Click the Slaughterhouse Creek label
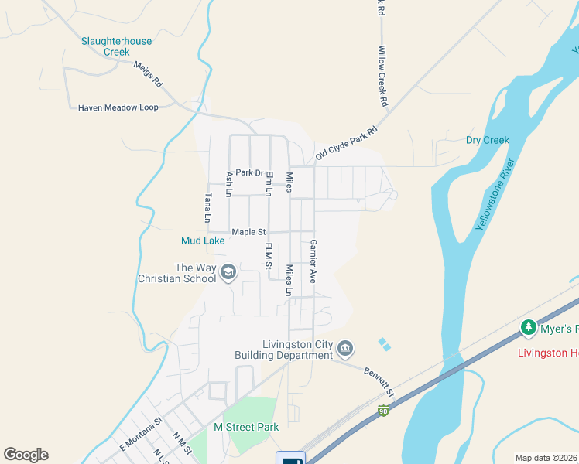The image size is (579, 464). point(117,46)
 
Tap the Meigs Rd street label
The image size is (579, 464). point(148,74)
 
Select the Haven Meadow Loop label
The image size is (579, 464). point(118,107)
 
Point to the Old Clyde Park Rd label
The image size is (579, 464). point(346,144)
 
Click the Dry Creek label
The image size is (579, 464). point(487,140)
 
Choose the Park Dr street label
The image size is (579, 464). point(250,172)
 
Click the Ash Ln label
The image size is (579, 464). point(228,184)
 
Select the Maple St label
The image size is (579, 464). point(248,231)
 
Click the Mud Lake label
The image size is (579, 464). point(203,241)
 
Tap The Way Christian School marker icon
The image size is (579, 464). point(228,272)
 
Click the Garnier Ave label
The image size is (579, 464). point(313,260)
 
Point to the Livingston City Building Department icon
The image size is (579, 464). point(345,350)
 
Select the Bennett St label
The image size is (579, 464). point(379,383)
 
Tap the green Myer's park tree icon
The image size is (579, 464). point(529,329)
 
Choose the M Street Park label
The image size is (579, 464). point(246,427)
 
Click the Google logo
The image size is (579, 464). point(26,454)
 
